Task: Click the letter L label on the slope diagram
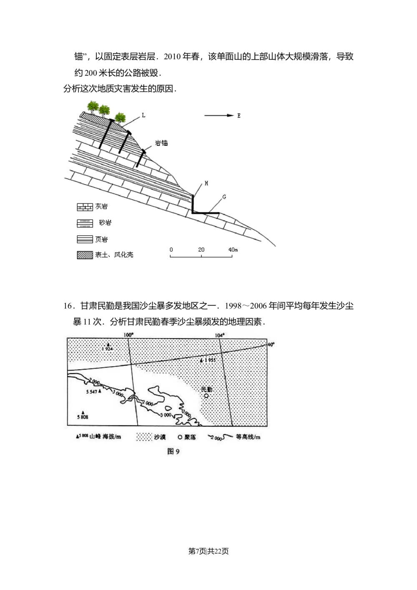point(143,115)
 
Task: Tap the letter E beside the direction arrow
point(239,116)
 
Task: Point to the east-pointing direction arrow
point(219,115)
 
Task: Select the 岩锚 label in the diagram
point(161,143)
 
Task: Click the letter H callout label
point(206,183)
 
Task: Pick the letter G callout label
point(224,197)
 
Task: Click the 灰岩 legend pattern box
point(85,207)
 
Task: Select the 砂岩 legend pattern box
point(85,223)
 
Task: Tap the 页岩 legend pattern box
point(85,239)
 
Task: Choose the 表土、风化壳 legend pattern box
point(85,255)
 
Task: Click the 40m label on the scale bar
point(233,250)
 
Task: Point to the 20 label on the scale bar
point(201,250)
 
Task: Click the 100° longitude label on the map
point(128,335)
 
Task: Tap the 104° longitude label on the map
point(219,335)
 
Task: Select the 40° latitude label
point(271,344)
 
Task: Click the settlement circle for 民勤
point(206,395)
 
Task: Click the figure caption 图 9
point(173,451)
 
